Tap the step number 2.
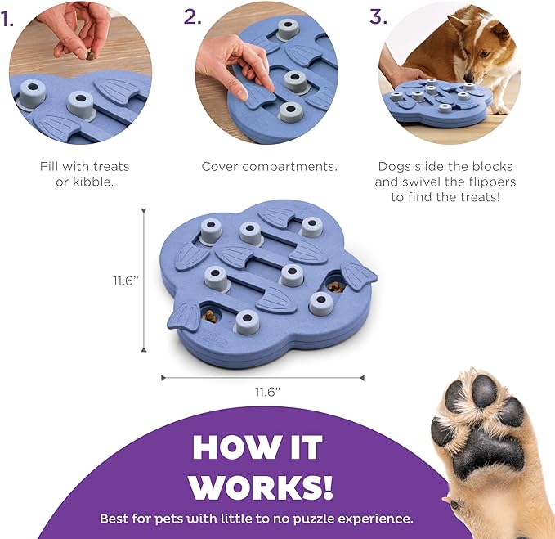(192, 16)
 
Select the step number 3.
(378, 16)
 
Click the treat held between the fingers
(91, 56)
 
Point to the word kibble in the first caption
(93, 182)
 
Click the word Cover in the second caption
(220, 167)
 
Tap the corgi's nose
(468, 78)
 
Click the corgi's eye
(484, 55)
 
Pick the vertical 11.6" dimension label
(126, 281)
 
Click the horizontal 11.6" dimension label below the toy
(267, 392)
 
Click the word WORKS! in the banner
(261, 487)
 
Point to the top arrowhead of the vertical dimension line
(144, 211)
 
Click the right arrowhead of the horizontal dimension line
(362, 378)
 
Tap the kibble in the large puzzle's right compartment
(335, 286)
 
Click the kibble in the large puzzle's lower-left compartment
(210, 316)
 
